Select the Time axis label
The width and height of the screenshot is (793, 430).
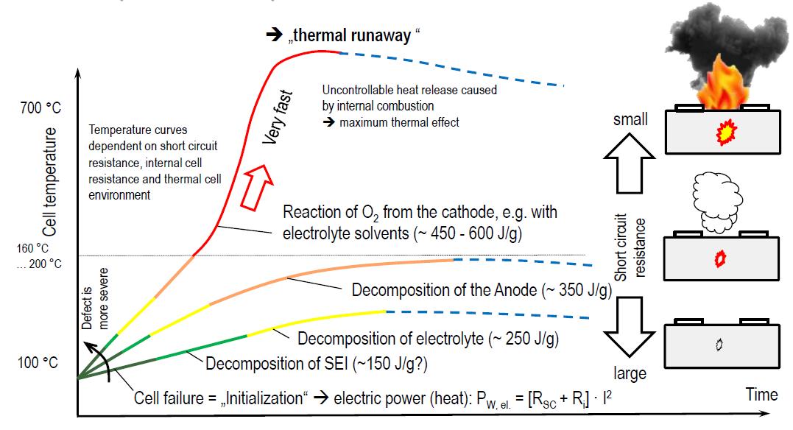point(761,394)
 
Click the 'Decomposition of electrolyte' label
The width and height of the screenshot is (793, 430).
point(428,339)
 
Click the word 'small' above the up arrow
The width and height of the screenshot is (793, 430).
point(630,119)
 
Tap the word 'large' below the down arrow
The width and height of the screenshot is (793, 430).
point(630,373)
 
